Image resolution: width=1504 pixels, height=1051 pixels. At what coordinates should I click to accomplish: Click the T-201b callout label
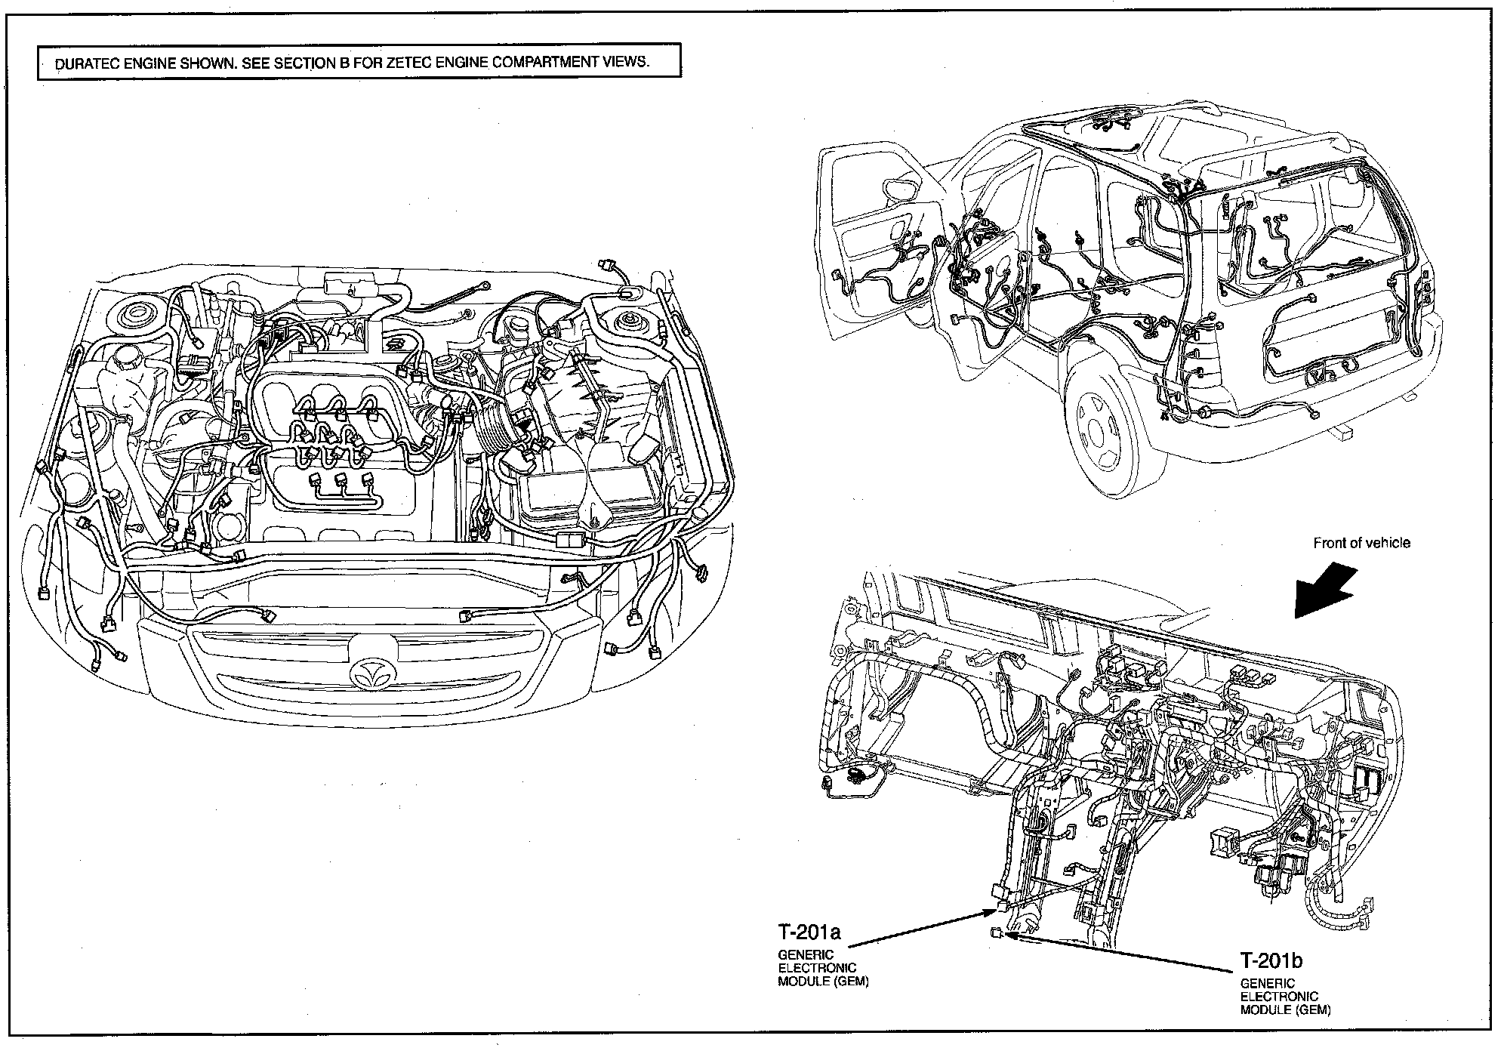[x=1271, y=960]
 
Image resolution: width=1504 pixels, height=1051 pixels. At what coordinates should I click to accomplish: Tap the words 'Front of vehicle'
[x=1361, y=543]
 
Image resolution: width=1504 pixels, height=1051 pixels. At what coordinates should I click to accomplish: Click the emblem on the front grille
[x=370, y=671]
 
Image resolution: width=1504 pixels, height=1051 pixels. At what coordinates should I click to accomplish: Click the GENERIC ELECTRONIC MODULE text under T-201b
[x=1285, y=996]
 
